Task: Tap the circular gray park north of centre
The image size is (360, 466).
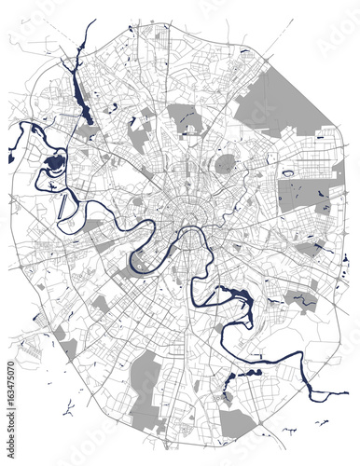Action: point(225,164)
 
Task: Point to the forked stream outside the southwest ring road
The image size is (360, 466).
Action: point(67,407)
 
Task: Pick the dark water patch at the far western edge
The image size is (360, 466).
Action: point(10,158)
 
